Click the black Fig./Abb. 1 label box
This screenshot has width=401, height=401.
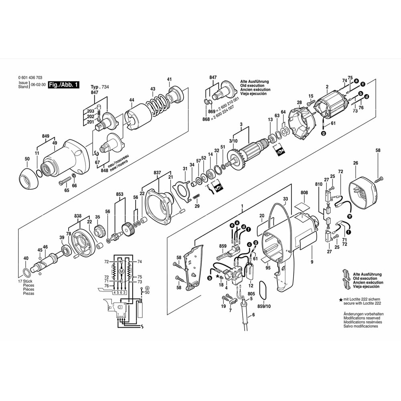point(64,85)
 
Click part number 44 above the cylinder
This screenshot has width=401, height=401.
point(132,100)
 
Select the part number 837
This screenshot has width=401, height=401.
point(157,172)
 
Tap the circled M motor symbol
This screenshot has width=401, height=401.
point(122,271)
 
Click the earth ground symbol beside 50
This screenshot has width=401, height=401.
point(147,288)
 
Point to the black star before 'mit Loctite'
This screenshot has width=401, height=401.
point(340,300)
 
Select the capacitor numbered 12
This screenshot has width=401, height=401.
point(249,271)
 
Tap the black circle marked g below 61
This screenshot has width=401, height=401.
point(324,133)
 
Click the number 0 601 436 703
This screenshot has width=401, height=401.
point(30,77)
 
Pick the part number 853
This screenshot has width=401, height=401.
point(119,194)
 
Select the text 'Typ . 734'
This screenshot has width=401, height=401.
point(100,87)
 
